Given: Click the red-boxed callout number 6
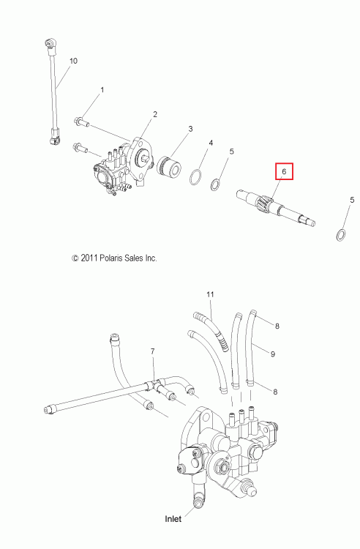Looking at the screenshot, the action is (284, 171).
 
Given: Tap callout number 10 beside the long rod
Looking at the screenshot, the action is (73, 61).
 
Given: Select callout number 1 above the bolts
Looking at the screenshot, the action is (102, 90).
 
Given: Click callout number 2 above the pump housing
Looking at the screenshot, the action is (155, 114).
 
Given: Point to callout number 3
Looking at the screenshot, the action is (191, 129).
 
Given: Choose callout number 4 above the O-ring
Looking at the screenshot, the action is (211, 143).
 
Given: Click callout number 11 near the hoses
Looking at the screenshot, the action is (210, 294).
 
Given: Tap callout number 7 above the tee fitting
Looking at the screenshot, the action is (152, 351).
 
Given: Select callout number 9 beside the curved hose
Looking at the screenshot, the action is (273, 354).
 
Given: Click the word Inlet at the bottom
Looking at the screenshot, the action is (173, 518).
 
